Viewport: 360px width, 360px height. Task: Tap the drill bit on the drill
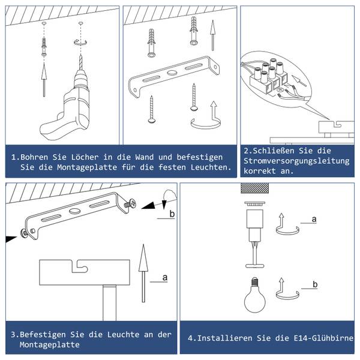(80, 62)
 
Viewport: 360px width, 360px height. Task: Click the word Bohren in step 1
(34, 157)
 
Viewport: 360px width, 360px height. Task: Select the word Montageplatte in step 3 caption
(50, 344)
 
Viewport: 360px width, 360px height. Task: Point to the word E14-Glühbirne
(323, 338)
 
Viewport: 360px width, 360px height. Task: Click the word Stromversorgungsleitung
(296, 161)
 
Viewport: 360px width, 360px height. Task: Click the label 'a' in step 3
(165, 278)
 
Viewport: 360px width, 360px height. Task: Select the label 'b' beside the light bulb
(315, 284)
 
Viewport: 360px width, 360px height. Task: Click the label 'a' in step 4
(314, 219)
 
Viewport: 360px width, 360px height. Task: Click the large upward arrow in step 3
(143, 273)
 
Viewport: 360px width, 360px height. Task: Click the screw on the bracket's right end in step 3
(130, 203)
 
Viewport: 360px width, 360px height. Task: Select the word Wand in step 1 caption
(145, 157)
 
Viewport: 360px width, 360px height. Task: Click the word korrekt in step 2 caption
(260, 171)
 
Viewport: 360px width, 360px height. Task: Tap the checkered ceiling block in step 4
(254, 188)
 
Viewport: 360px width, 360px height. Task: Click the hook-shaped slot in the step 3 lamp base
(80, 266)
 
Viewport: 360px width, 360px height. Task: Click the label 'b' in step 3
(172, 214)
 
